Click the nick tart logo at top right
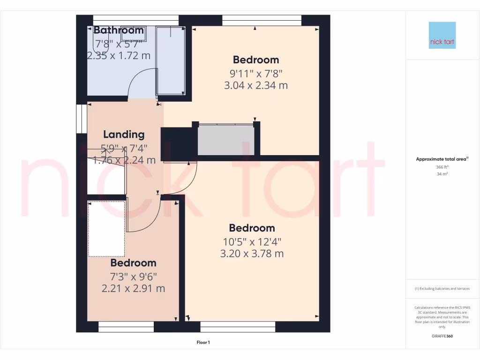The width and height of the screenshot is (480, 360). (x=442, y=35)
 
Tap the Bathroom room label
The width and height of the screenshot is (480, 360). (x=119, y=30)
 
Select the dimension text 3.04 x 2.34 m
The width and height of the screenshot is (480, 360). (x=256, y=85)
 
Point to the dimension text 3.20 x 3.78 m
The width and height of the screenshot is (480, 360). (x=252, y=254)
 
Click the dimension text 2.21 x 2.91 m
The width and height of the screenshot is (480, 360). (x=133, y=288)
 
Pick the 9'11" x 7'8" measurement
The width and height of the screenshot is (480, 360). (x=256, y=73)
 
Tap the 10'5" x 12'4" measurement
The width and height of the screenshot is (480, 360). (x=252, y=241)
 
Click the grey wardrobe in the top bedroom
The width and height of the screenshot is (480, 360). (x=225, y=139)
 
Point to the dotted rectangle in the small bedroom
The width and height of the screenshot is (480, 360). (x=106, y=229)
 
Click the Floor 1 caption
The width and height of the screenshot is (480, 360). (x=203, y=343)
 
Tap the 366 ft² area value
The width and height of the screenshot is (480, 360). (x=442, y=167)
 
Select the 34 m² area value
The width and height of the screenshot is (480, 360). (x=442, y=174)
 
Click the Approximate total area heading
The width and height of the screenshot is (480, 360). (x=442, y=159)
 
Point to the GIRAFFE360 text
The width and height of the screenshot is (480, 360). (x=442, y=336)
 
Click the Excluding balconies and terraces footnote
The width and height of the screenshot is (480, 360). (x=442, y=289)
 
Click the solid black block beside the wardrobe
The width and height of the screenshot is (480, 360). (x=179, y=143)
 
